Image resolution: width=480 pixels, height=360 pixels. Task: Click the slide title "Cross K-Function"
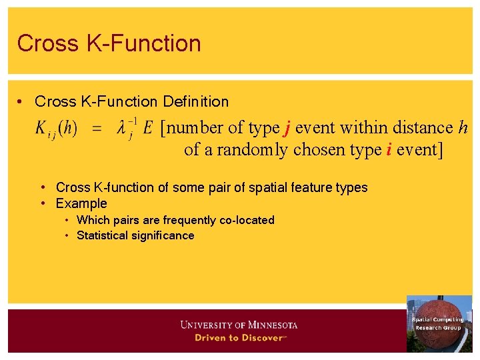(109, 43)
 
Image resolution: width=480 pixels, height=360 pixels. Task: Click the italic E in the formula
(147, 127)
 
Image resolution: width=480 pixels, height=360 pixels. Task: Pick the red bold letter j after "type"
(287, 128)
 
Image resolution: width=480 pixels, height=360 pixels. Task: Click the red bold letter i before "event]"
(387, 150)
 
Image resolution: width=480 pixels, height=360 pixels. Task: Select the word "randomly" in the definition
(255, 150)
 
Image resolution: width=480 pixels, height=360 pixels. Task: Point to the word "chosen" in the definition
(316, 150)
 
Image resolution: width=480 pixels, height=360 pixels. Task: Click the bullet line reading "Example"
(81, 203)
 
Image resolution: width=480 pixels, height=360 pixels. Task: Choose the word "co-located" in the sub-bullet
(247, 220)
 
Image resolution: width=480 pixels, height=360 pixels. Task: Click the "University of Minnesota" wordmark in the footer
(239, 325)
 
